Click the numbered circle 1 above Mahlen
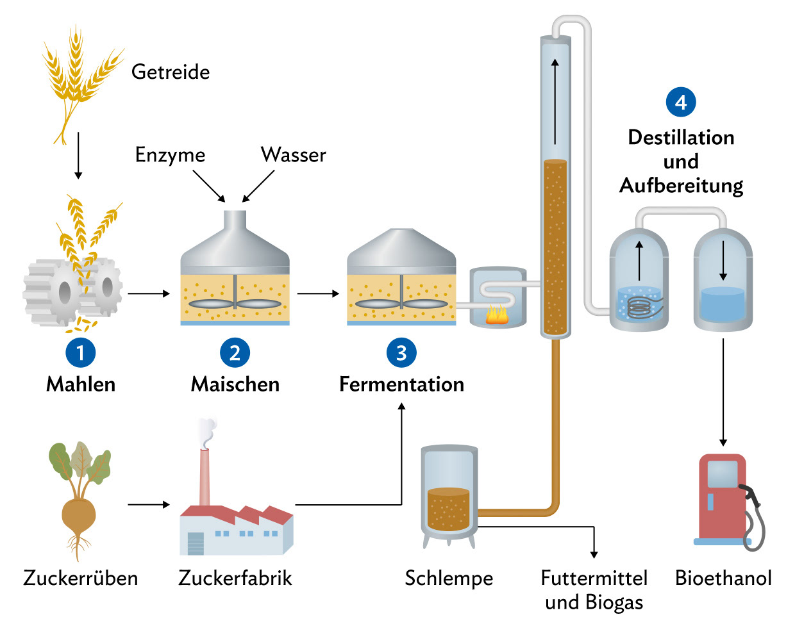(81, 352)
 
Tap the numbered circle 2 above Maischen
(235, 352)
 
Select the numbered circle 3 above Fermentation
(401, 352)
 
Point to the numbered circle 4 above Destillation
(681, 102)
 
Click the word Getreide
(171, 72)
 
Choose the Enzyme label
(170, 155)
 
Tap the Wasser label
(293, 154)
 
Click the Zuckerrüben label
(81, 578)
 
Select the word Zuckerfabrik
(235, 578)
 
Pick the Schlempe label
(449, 578)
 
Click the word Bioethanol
(723, 578)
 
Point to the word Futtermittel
(594, 578)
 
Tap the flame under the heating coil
(497, 315)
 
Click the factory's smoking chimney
(205, 474)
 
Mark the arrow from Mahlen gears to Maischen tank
(149, 293)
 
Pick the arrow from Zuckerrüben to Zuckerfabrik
(149, 505)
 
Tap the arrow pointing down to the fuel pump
(723, 391)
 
